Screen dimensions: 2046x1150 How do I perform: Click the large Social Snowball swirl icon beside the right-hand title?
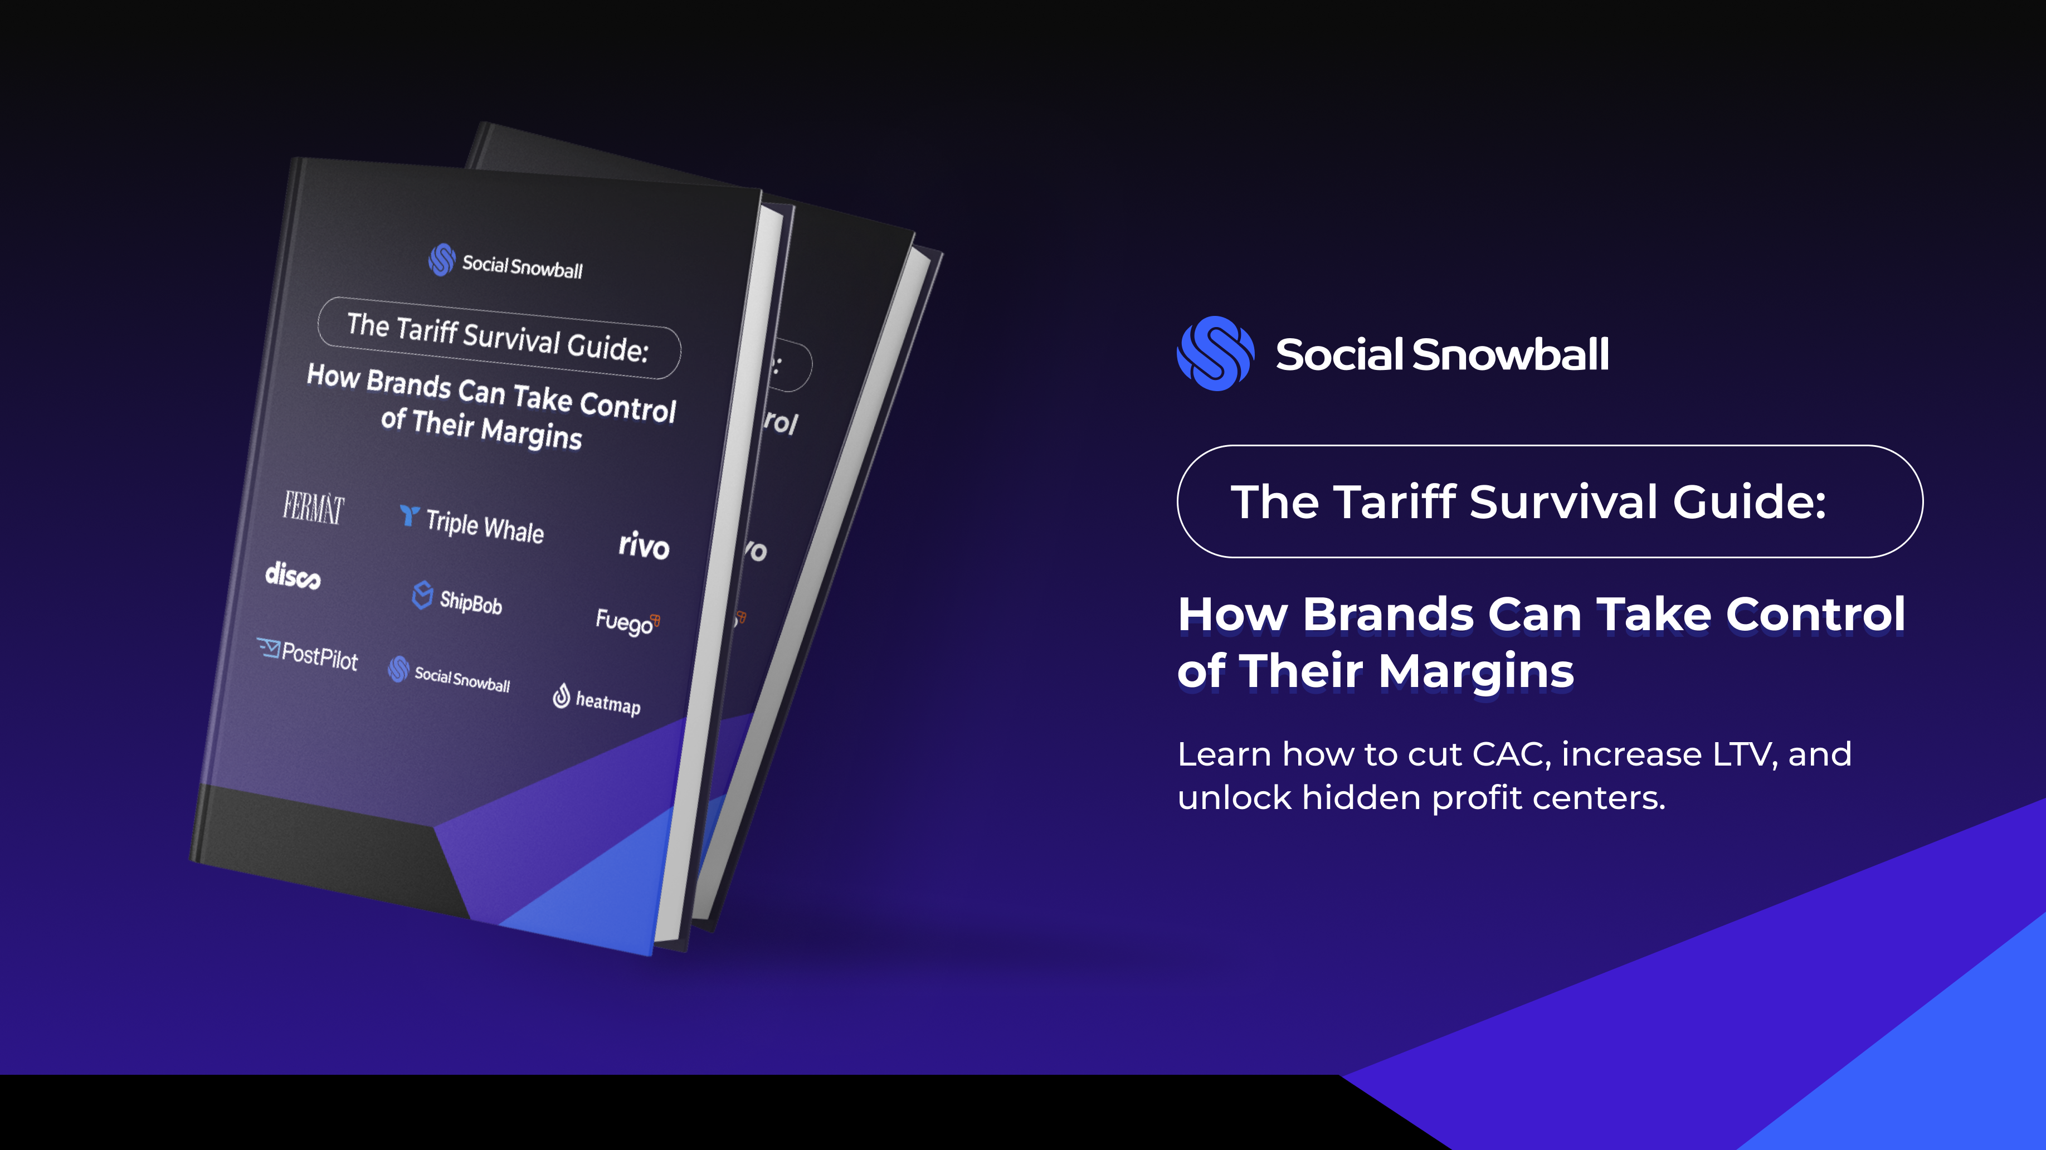point(1215,353)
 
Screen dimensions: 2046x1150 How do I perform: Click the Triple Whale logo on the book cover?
point(472,524)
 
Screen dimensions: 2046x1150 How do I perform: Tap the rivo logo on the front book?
point(644,545)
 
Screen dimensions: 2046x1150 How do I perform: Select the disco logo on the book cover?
point(293,575)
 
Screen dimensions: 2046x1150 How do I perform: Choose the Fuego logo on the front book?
point(627,621)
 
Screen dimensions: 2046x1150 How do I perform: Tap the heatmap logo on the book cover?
point(597,700)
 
